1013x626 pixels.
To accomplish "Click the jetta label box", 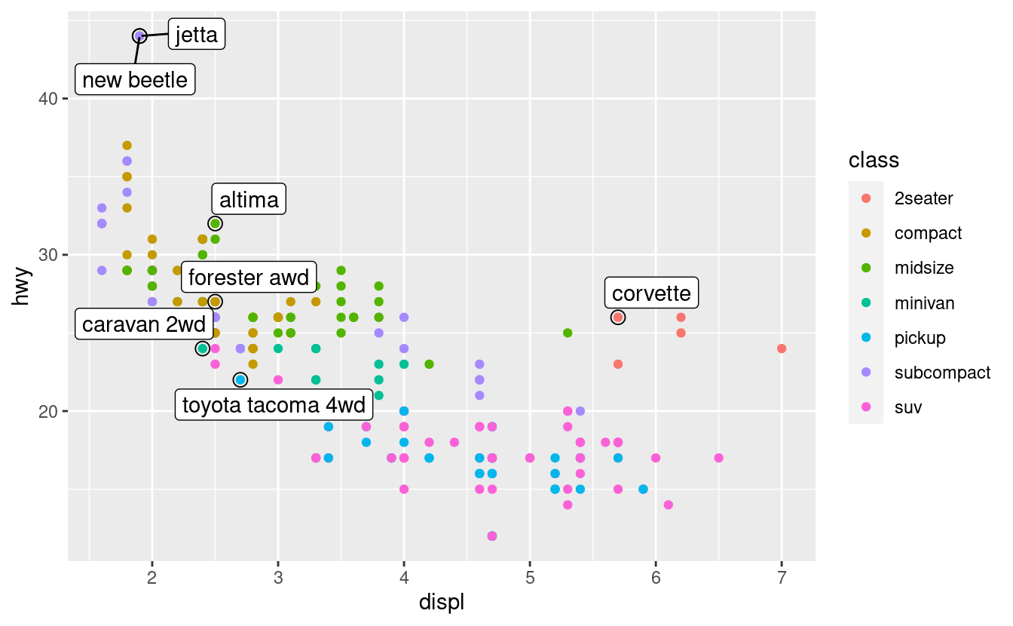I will [196, 35].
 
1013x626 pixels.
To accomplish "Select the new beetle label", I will [135, 79].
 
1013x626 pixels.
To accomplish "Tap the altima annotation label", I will [249, 200].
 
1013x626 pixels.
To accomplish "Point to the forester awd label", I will [249, 278].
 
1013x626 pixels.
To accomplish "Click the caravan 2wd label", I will [144, 324].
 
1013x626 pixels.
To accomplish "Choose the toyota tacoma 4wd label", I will [274, 405].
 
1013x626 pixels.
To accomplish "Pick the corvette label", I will [651, 293].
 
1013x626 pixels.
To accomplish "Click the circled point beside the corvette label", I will [618, 318].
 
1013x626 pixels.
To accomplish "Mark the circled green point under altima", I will [215, 223].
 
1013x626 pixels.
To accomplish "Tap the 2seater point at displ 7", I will [782, 348].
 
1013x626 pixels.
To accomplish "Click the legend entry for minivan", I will [924, 303].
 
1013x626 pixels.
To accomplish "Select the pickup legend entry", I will [920, 338].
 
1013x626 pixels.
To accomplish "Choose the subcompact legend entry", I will [942, 373].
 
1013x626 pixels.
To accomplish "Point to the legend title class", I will [873, 160].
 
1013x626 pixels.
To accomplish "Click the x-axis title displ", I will [441, 603].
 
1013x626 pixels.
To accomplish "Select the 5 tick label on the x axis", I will [530, 578].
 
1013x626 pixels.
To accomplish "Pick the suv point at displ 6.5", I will [718, 458].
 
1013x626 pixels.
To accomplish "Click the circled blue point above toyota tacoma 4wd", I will [240, 379].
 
